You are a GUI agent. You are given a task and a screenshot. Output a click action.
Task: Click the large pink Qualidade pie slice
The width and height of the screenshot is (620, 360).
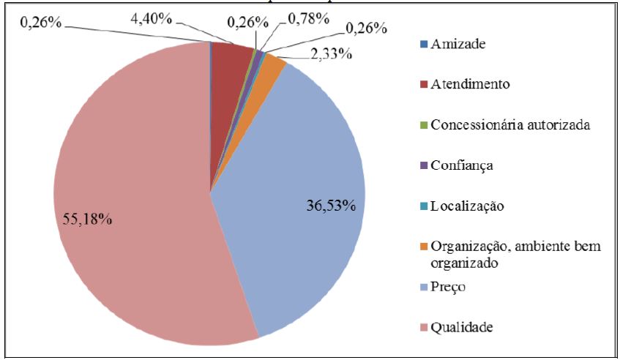pos(132,220)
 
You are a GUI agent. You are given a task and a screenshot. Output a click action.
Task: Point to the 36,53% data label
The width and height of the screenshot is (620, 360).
pos(331,206)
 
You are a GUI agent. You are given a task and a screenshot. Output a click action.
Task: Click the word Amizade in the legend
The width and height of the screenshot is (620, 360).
pos(459,44)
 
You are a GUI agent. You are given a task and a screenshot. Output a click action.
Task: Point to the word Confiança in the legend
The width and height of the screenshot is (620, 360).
pos(462,165)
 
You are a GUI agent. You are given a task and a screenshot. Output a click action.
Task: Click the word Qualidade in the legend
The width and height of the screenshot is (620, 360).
pos(462,327)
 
